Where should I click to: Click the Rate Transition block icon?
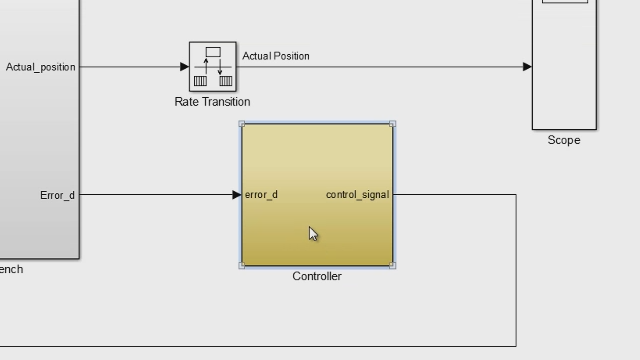212,67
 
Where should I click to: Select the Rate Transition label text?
212,102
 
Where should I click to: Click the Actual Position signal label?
276,56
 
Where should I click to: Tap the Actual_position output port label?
41,67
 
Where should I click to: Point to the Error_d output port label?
57,195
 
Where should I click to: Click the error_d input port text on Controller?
261,195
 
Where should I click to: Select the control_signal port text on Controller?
357,195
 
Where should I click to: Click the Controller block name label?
317,276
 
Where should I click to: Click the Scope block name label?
564,140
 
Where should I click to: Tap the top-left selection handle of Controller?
242,124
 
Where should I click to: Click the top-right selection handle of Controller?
392,124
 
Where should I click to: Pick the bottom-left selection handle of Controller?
242,266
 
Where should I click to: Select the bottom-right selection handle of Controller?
392,266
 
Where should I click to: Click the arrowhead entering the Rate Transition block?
184,67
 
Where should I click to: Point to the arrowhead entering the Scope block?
527,67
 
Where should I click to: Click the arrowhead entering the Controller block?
236,195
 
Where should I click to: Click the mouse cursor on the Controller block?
312,233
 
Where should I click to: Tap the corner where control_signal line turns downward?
516,195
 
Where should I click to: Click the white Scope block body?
564,70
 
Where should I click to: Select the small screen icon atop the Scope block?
564,2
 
